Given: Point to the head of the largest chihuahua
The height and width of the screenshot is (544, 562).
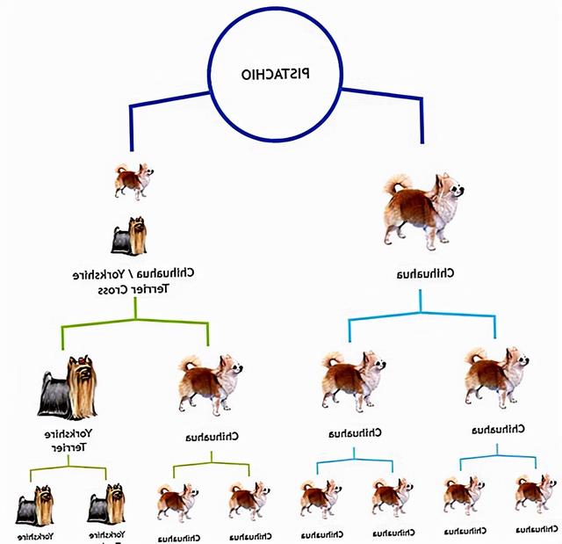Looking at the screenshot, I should (x=450, y=187).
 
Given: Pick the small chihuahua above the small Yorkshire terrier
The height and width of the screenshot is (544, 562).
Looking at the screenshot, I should (x=133, y=180).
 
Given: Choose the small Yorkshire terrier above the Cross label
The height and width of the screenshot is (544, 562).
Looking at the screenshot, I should (x=128, y=236).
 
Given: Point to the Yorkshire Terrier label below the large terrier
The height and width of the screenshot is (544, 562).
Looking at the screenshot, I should (x=68, y=440).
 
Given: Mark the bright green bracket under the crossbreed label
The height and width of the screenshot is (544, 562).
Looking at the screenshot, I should (x=136, y=323).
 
